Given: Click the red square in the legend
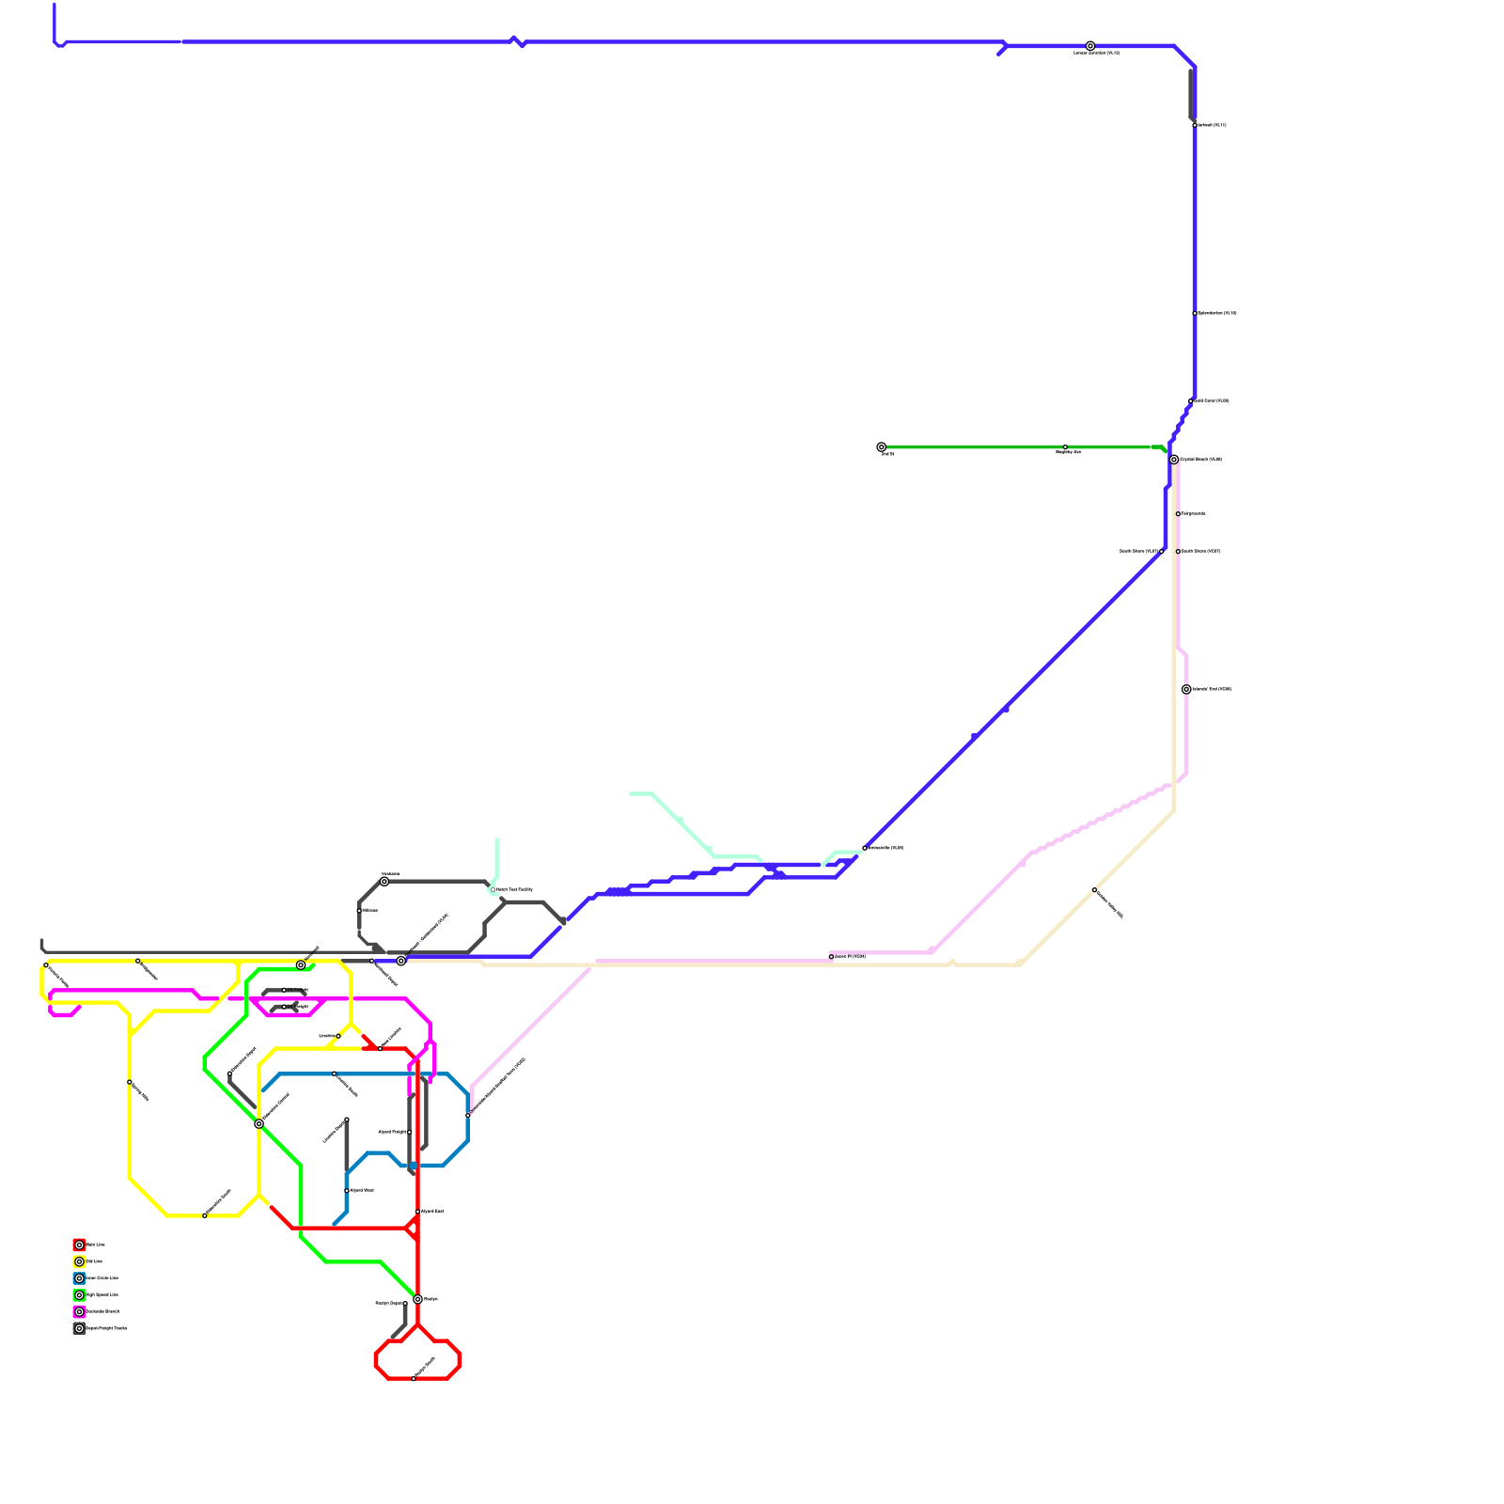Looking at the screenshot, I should point(79,1245).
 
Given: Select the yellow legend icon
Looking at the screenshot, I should point(79,1261).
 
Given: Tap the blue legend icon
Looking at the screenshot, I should point(79,1278).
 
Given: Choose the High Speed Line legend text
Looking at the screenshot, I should point(102,1295).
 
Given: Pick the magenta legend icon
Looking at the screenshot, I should point(79,1311).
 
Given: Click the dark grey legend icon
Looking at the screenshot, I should point(79,1328).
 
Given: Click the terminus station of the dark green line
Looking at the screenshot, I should point(881,447).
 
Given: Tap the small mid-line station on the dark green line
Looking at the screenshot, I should point(1065,447).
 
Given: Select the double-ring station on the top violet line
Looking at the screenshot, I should point(1090,46).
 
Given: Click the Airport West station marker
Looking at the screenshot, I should point(347,1191).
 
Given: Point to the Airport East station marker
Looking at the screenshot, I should point(417,1212).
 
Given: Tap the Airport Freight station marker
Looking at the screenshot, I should point(410,1133).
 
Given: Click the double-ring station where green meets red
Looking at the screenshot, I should point(417,1300).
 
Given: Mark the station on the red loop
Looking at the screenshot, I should point(414,1379).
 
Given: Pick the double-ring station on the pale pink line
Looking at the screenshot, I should point(1186,690).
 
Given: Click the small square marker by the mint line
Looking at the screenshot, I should point(493,889).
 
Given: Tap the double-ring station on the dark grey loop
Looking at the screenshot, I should point(384,882).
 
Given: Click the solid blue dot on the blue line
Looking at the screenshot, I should point(413,1166).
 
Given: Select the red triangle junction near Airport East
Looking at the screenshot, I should point(414,1228).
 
